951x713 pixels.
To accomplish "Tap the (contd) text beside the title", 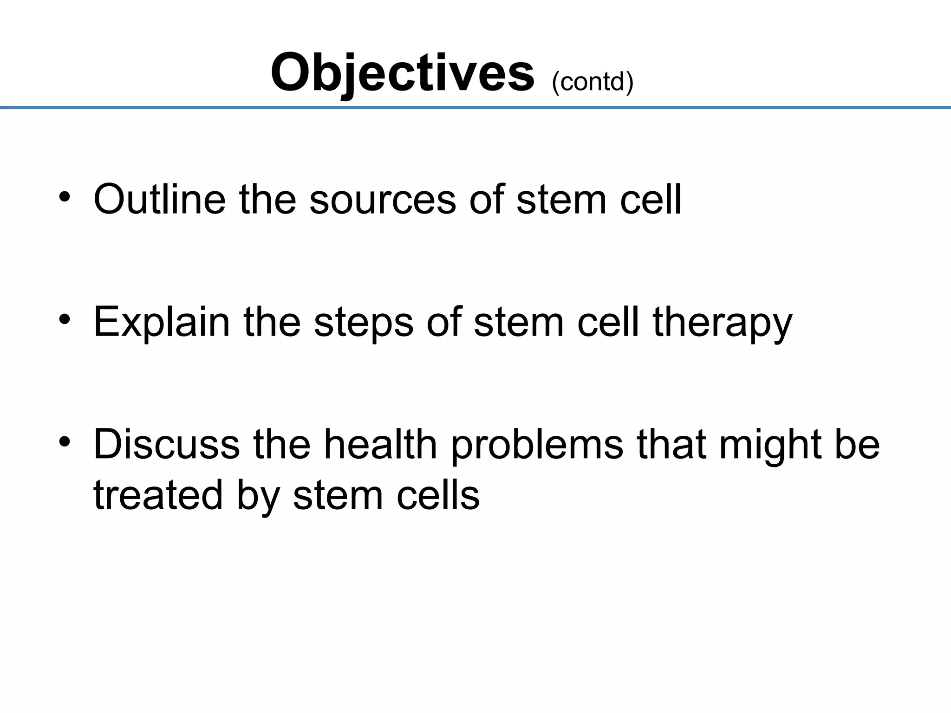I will pos(593,82).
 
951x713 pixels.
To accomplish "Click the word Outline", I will pos(160,200).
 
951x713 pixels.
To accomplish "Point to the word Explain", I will pos(162,322).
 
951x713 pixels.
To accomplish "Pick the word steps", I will pos(364,322).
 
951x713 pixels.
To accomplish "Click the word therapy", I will pos(723,322).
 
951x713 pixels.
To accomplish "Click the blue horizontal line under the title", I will pos(475,108).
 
